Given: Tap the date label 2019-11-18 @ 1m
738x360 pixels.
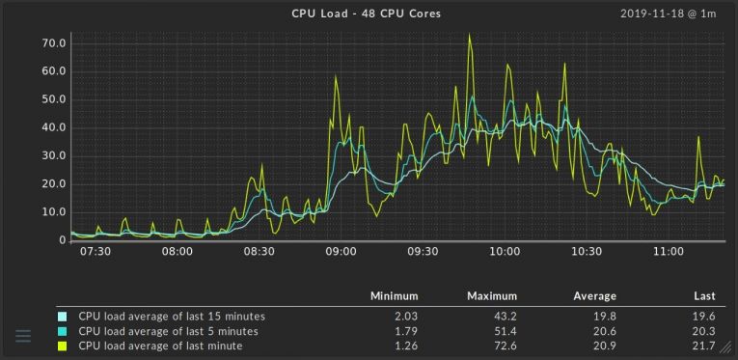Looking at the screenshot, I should (x=669, y=14).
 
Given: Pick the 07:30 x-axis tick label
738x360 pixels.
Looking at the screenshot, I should (x=96, y=251).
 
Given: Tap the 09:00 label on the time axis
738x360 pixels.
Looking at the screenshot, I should (x=341, y=251).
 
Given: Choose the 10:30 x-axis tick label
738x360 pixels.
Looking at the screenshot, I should (x=587, y=251).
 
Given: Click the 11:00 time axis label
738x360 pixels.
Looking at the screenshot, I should (x=669, y=251).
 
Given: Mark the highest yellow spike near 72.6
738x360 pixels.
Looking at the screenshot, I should (x=469, y=36).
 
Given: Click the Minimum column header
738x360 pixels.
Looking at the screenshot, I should (x=394, y=296).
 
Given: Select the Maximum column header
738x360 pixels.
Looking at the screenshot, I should (x=492, y=296).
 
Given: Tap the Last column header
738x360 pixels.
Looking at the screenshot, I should (x=703, y=296).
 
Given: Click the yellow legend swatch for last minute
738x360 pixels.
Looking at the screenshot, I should (x=63, y=345).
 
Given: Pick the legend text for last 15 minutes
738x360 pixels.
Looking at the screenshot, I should (x=172, y=316).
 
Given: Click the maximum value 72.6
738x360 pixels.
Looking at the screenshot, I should (x=505, y=345).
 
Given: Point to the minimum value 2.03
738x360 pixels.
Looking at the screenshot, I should (x=404, y=316).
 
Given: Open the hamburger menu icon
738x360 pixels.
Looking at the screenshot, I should (x=24, y=336).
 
